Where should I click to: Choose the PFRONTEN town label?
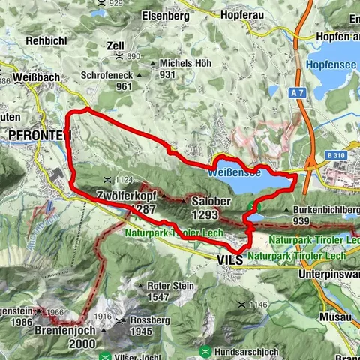(x=39, y=135)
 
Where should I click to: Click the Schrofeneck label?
(x=106, y=75)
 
